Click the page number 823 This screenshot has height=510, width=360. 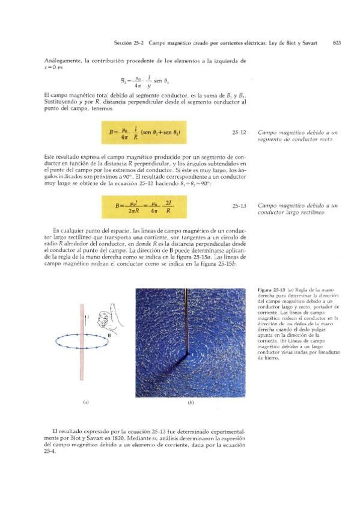point(337,43)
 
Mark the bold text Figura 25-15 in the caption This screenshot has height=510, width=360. point(270,290)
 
